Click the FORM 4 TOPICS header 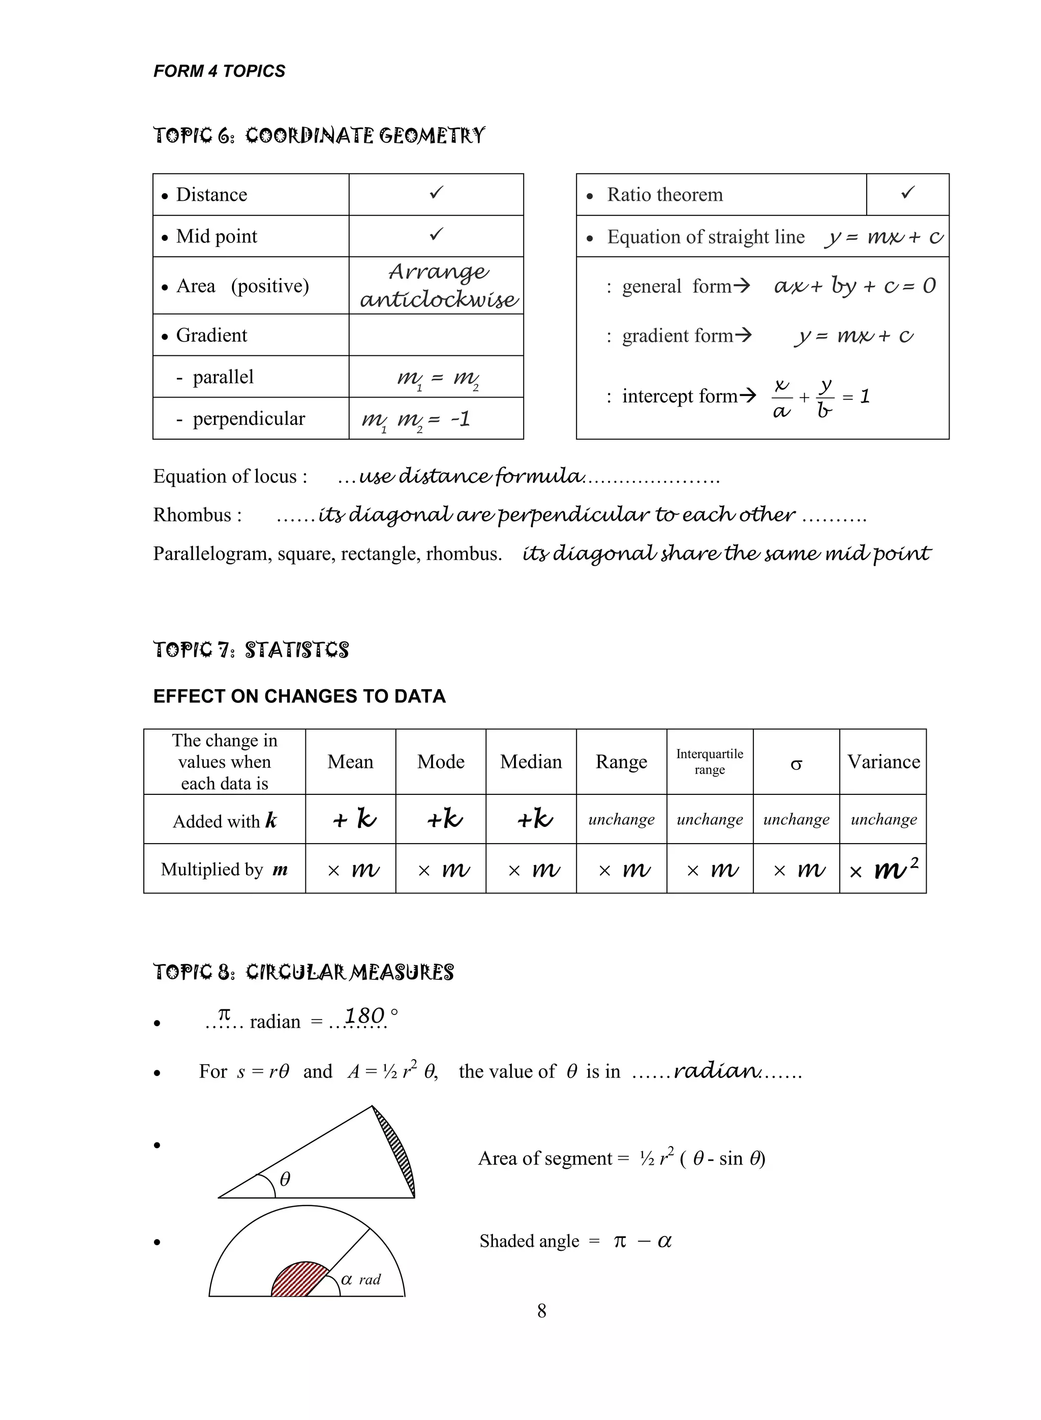point(219,71)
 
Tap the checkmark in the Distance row point(436,193)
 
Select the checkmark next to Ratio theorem point(907,193)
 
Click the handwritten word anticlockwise point(439,299)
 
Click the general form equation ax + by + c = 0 point(854,286)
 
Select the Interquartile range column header point(710,762)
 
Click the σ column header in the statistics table point(796,763)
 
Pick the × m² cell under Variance point(883,870)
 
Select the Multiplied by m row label point(224,870)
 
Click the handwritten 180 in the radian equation point(364,1015)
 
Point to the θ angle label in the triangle point(285,1179)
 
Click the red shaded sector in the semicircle point(299,1280)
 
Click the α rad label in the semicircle point(360,1279)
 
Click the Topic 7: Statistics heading point(251,650)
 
